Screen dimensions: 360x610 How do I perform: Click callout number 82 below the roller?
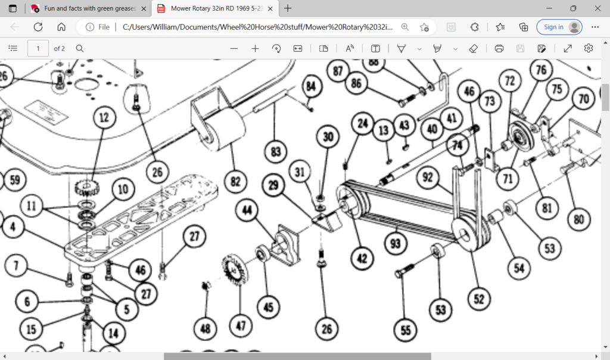236,181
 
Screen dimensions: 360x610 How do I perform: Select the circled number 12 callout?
105,117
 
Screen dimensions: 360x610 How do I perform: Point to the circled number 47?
241,325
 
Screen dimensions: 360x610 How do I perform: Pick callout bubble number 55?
406,330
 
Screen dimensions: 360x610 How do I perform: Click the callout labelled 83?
275,152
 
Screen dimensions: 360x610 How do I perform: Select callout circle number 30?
328,137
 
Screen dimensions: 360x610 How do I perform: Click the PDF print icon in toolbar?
499,48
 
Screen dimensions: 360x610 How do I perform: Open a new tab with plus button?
288,8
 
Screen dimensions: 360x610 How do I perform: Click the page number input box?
38,48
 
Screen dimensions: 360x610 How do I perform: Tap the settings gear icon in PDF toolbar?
589,48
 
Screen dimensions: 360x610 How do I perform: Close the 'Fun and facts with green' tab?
143,8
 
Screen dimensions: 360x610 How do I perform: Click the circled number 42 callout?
362,258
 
